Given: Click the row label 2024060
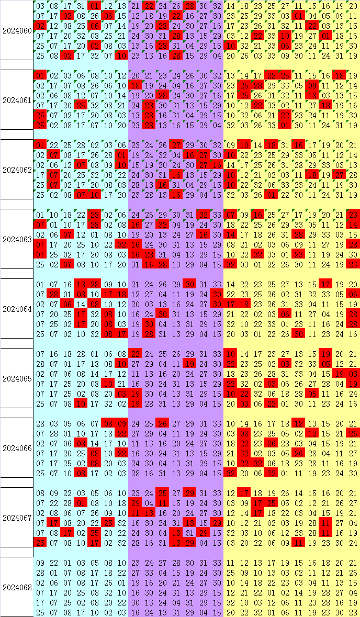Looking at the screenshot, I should pos(17,31).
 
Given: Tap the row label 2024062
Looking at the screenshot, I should pos(17,170).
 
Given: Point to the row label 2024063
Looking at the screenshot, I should pos(17,240).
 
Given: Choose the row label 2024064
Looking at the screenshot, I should pos(17,309).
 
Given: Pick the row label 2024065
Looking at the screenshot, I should pos(17,378).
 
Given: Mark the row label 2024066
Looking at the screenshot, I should pos(17,448).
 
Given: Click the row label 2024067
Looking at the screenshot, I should pos(17,518).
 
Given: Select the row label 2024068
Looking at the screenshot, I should pos(17,588).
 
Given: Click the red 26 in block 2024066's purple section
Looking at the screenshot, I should pos(163,424).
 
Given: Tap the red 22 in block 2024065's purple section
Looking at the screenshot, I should pos(135,354).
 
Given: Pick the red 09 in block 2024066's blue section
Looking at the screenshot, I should pos(121,424).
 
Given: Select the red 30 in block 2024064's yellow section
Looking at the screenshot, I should pos(299,334).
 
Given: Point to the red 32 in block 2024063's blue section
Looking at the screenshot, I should pos(121,245).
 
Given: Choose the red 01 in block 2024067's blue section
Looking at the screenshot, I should pos(81,503).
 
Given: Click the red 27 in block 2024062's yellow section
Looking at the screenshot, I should pos(340,175).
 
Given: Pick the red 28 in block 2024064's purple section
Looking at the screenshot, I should pos(149,334).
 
